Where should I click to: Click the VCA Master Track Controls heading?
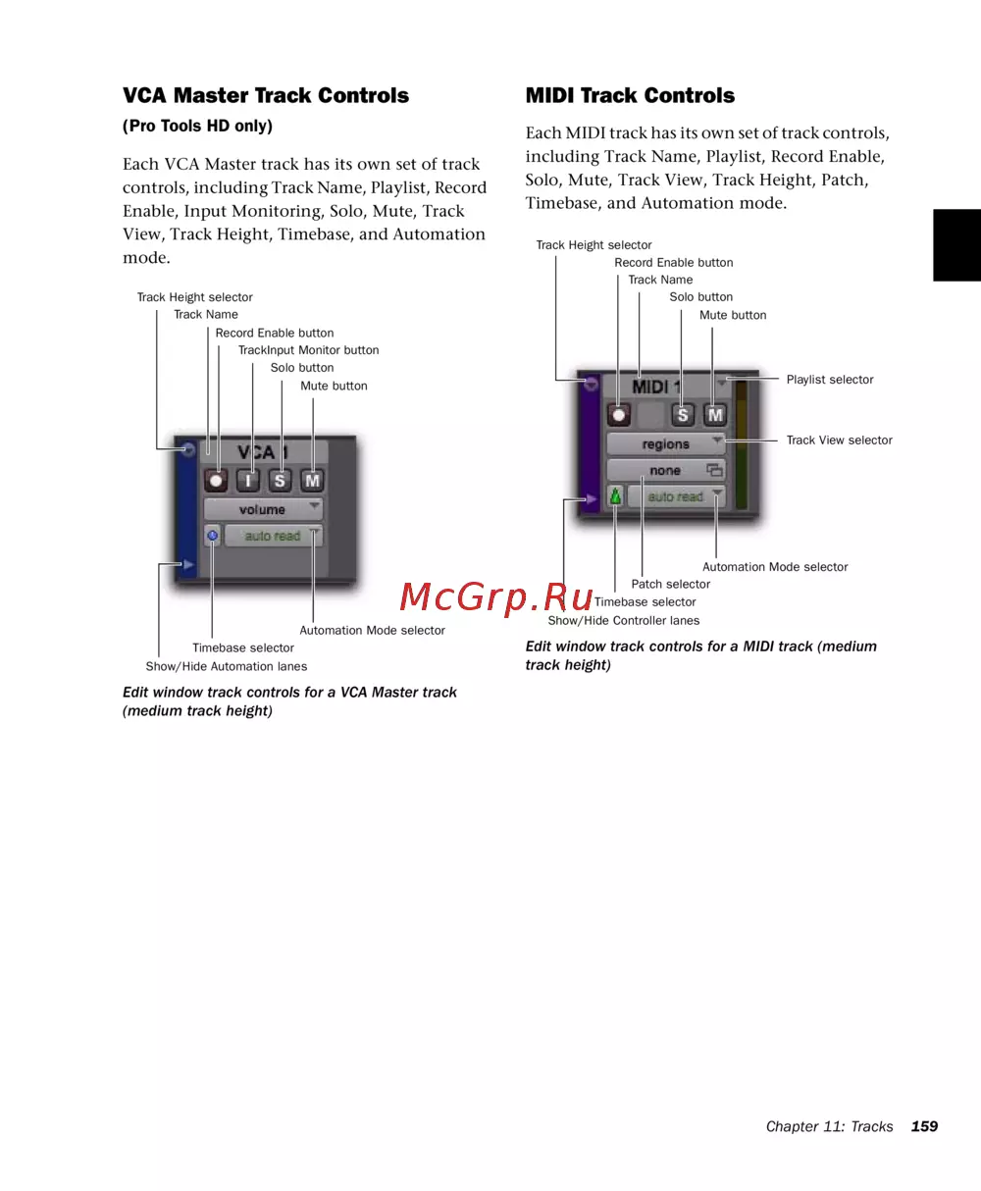(x=266, y=96)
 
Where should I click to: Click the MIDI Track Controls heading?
(x=630, y=96)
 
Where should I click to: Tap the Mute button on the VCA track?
(x=312, y=481)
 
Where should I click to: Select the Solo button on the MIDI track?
(x=683, y=414)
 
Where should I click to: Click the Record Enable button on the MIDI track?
(x=619, y=414)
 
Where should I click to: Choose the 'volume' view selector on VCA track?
(x=263, y=509)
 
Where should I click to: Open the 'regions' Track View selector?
(x=666, y=444)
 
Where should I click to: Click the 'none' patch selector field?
(x=666, y=471)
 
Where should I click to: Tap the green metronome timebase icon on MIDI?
(x=616, y=497)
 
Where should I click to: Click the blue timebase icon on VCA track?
(x=213, y=536)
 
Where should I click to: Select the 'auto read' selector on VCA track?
(x=273, y=536)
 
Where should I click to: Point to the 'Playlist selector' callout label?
(x=829, y=380)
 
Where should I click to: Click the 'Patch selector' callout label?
(x=670, y=585)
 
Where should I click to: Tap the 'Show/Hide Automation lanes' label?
(x=226, y=666)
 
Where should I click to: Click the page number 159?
(x=924, y=1126)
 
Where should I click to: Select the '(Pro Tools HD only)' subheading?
(x=197, y=127)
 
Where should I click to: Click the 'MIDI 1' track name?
(x=655, y=387)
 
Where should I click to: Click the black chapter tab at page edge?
(x=956, y=245)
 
